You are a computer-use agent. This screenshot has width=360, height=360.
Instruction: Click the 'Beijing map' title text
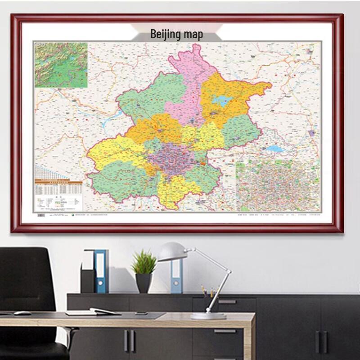tap(176, 35)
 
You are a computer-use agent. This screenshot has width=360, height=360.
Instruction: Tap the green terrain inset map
tap(61, 65)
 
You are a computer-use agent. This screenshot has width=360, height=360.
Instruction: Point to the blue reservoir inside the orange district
tap(222, 101)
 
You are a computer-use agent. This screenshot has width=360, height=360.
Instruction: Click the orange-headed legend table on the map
tap(58, 189)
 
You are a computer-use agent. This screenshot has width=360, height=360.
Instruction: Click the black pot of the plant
tap(144, 283)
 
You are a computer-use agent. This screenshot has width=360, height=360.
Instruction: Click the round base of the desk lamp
tap(207, 316)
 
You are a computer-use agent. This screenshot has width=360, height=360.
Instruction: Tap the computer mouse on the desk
tap(22, 313)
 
